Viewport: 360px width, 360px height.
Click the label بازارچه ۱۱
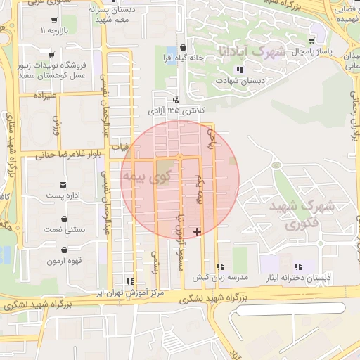[x=53, y=32]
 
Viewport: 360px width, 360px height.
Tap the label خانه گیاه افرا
[x=184, y=57]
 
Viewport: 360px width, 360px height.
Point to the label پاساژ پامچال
[x=307, y=52]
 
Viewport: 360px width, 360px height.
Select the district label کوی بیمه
[x=146, y=175]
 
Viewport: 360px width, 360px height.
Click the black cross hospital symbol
[x=197, y=231]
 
